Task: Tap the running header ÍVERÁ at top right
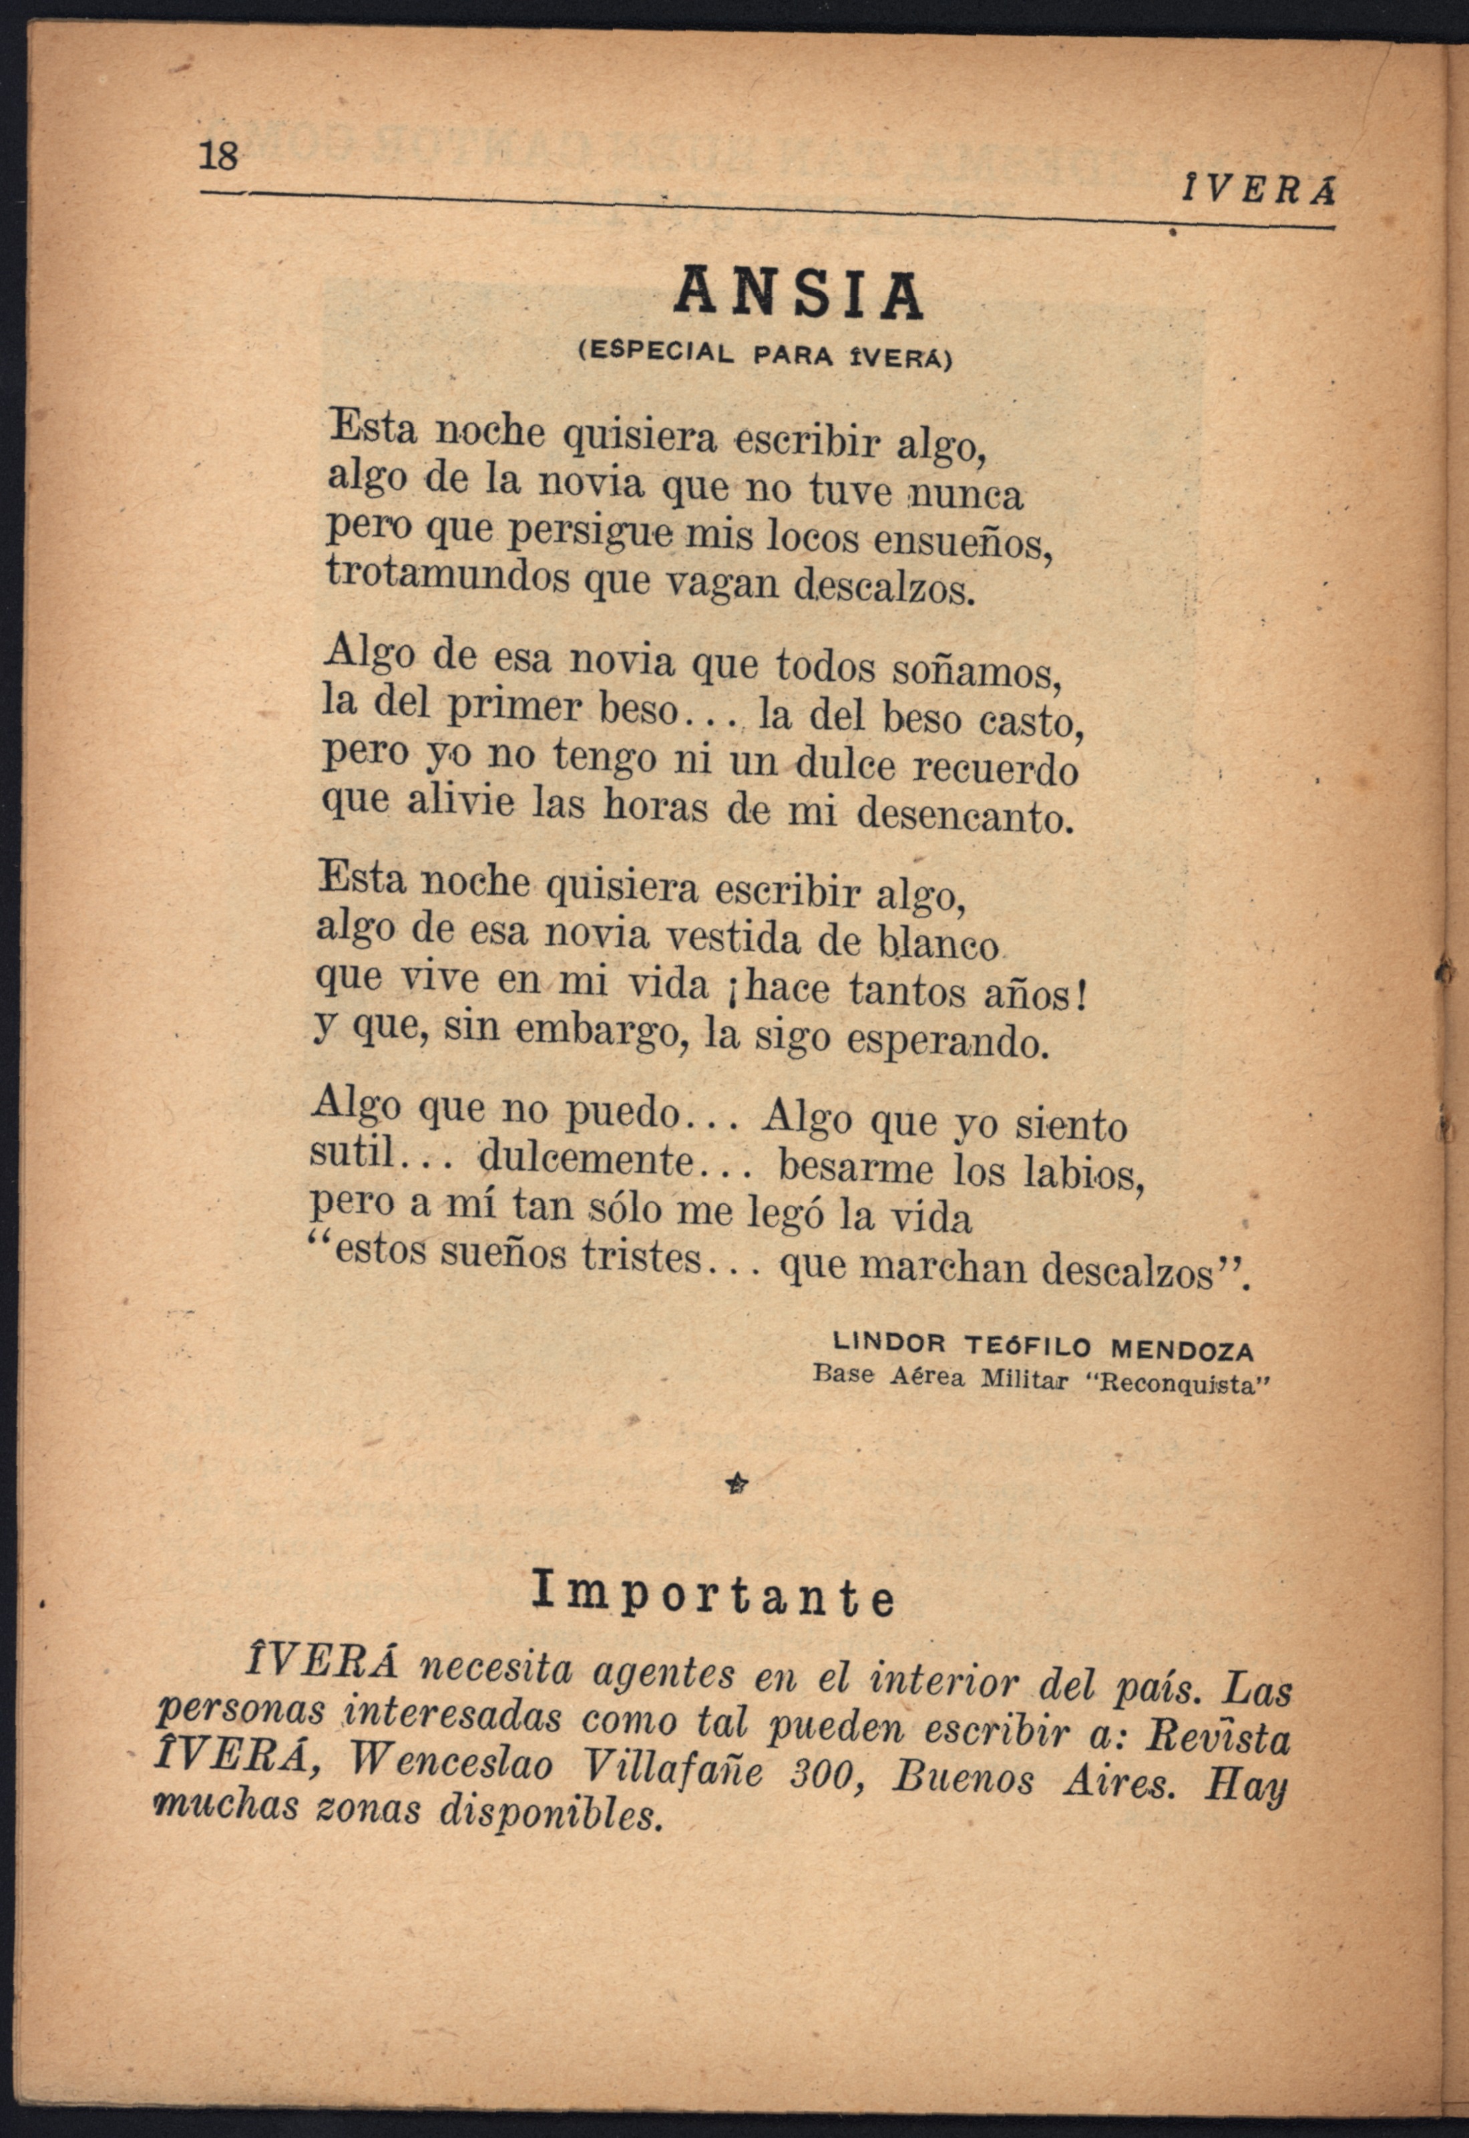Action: click(x=1258, y=192)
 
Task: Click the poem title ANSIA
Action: click(x=798, y=292)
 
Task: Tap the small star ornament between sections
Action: click(x=737, y=1481)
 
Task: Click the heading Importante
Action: click(x=713, y=1597)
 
